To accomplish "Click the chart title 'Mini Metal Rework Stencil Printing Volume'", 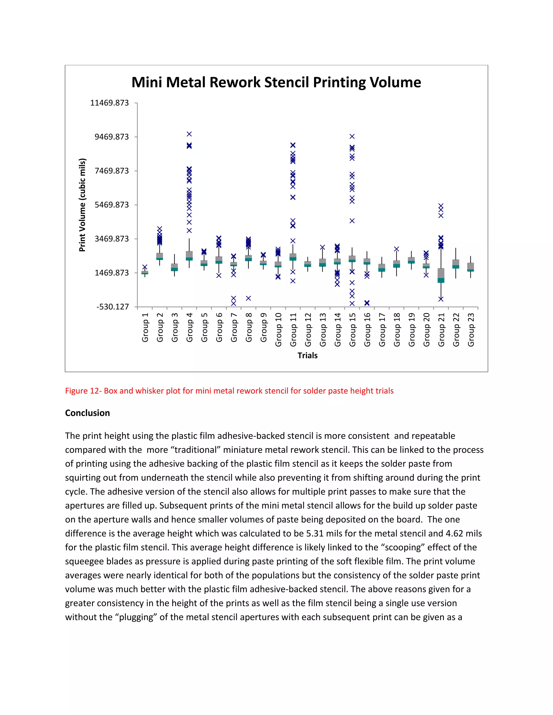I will (x=276, y=83).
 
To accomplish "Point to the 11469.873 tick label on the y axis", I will (x=109, y=103).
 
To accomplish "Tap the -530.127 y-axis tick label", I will (x=112, y=307).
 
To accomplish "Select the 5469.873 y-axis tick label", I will (x=112, y=205).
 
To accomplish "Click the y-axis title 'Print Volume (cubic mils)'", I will (x=82, y=205).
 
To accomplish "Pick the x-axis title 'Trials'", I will (x=307, y=356).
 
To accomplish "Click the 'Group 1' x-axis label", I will (x=145, y=327).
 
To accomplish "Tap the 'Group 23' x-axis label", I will (x=471, y=330).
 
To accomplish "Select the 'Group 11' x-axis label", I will (x=293, y=330).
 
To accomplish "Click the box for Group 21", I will (x=441, y=275).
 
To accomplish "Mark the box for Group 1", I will (x=145, y=273).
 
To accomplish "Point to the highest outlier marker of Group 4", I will (x=189, y=134).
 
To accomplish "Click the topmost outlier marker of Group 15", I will (x=352, y=137).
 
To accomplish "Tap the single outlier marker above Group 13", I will (x=322, y=247).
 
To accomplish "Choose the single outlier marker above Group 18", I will (x=396, y=249).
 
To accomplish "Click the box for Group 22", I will (x=456, y=264).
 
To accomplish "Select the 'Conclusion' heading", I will (x=87, y=413).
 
